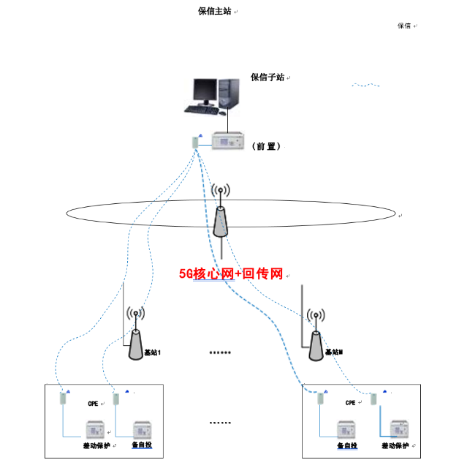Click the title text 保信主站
coord(216,11)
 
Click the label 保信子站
coord(268,78)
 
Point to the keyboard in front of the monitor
coord(200,110)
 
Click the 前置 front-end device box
coord(229,141)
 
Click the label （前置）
coord(266,146)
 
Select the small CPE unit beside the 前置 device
coord(194,142)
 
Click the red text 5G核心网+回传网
coord(231,274)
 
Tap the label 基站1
coord(151,352)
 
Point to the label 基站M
coord(334,352)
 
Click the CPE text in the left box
coord(93,404)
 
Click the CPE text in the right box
coord(351,403)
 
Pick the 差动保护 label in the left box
coord(95,445)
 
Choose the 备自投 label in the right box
coord(347,445)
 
